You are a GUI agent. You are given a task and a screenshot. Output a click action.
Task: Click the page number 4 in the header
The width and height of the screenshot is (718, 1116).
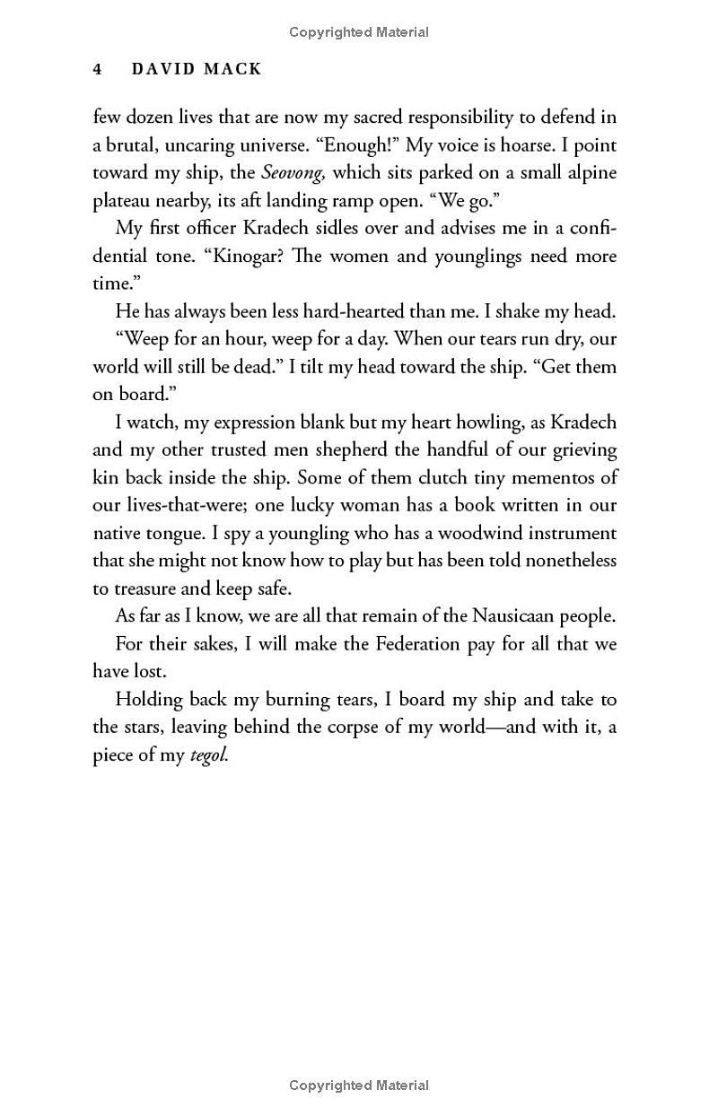[98, 69]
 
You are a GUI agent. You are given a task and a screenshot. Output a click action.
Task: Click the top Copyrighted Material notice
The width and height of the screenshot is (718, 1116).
[359, 32]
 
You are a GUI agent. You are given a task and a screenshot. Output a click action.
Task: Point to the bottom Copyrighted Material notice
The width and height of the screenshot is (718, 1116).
[359, 1085]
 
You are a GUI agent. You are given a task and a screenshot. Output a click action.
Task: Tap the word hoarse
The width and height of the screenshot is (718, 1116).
[525, 144]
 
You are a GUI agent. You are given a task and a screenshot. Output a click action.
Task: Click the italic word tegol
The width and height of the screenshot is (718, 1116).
[210, 756]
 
